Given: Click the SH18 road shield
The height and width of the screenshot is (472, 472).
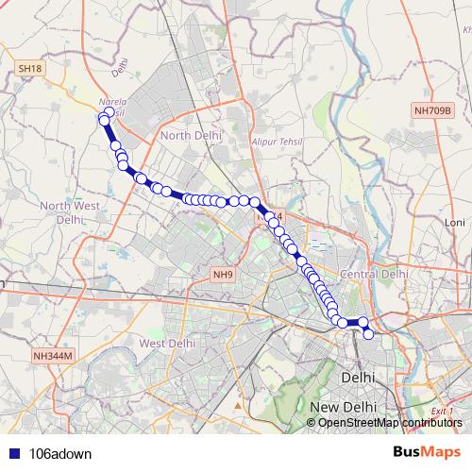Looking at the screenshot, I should [30, 69].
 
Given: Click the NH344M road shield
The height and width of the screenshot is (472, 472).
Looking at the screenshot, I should [53, 356].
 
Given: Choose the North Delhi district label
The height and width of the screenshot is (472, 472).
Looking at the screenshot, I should [191, 136].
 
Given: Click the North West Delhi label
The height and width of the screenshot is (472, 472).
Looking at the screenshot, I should [70, 211].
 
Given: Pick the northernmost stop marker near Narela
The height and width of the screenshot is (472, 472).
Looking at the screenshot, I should [109, 112].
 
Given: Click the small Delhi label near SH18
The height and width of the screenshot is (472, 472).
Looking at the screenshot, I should [119, 68].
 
